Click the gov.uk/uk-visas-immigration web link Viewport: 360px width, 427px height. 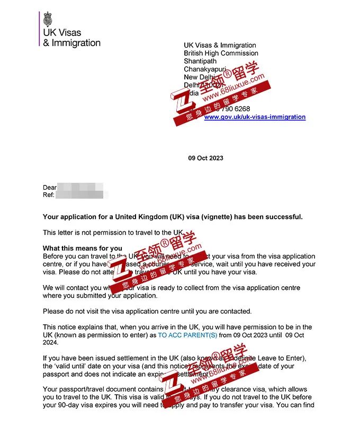(255, 117)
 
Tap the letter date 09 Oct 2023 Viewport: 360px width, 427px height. (206, 158)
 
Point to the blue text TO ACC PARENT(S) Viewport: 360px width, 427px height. (187, 336)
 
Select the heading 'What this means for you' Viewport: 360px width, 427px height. (82, 248)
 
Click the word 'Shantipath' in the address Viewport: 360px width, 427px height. (200, 61)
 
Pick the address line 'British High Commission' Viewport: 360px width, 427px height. (221, 54)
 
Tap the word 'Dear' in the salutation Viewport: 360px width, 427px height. (49, 188)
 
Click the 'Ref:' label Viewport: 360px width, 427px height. (49, 195)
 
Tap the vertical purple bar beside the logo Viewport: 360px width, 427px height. (40, 29)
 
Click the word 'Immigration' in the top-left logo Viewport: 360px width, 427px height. (76, 43)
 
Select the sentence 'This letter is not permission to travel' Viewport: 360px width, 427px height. (113, 233)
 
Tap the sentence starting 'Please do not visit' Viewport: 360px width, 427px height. (147, 311)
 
